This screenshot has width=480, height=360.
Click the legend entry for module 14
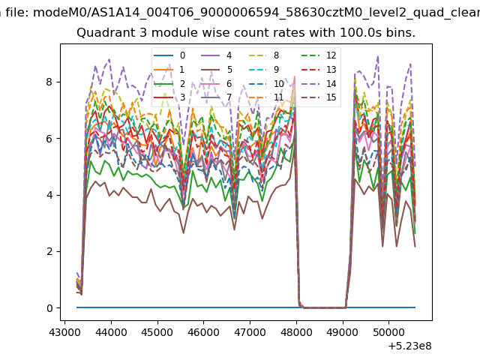pos(319,83)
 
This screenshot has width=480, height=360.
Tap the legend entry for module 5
pos(217,70)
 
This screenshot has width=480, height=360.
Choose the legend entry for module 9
pos(264,70)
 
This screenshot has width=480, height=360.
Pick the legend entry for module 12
pos(319,55)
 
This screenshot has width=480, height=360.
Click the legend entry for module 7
pos(217,97)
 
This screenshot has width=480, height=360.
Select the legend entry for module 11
pos(265,97)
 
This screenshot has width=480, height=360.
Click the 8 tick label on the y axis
pos(49,82)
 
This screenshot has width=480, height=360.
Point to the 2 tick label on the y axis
pos(49,251)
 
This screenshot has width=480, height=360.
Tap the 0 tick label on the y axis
pos(49,308)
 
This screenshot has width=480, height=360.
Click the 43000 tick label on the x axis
pos(64,332)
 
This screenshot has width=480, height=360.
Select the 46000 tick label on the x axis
pos(203,332)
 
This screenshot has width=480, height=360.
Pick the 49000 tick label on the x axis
pos(343,332)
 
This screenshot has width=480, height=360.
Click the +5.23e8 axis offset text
pos(410,346)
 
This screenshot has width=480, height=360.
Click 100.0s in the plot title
pos(359,32)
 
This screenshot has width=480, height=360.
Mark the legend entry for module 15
pos(319,97)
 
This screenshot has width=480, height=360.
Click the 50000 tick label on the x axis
pos(388,332)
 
